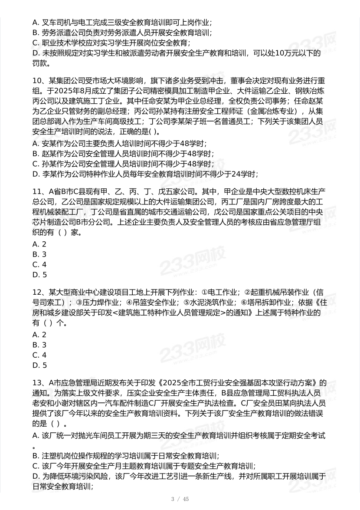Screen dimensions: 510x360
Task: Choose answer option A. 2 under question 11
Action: point(39,244)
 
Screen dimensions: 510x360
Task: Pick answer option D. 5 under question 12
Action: point(39,365)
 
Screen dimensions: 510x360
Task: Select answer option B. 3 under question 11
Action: point(39,254)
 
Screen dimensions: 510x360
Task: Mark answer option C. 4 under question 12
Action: point(39,355)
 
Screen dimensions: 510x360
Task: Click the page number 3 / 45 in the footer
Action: point(180,499)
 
